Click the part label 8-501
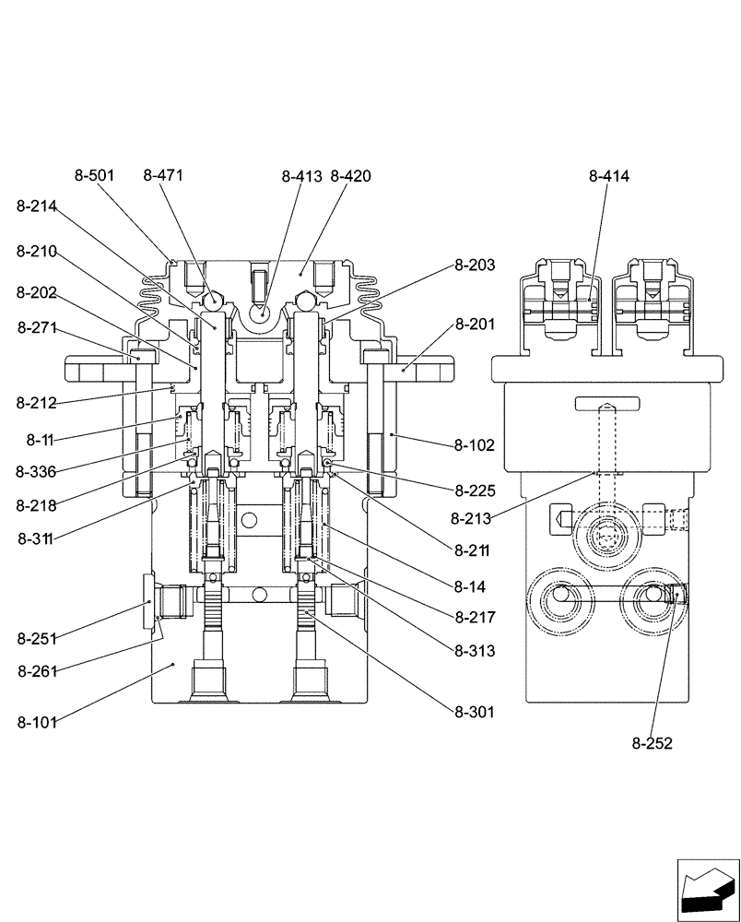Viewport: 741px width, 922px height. click(x=95, y=176)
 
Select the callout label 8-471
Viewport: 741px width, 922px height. click(x=164, y=176)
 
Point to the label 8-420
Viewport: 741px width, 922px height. click(x=350, y=176)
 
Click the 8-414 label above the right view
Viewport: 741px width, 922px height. click(x=608, y=176)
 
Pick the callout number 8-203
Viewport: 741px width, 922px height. click(x=474, y=265)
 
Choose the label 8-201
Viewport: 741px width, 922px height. click(x=474, y=325)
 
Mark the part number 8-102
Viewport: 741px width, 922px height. click(x=474, y=445)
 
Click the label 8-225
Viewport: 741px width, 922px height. click(x=474, y=491)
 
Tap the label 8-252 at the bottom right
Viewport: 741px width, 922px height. click(x=652, y=744)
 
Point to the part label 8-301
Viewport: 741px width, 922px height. click(x=474, y=712)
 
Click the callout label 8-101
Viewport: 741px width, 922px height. click(x=37, y=722)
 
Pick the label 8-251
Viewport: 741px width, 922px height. click(x=37, y=638)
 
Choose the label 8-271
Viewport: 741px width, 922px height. click(x=37, y=326)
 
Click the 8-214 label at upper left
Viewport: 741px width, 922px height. click(x=37, y=208)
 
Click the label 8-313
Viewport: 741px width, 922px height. click(x=474, y=651)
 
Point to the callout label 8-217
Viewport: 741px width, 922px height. click(x=474, y=617)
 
